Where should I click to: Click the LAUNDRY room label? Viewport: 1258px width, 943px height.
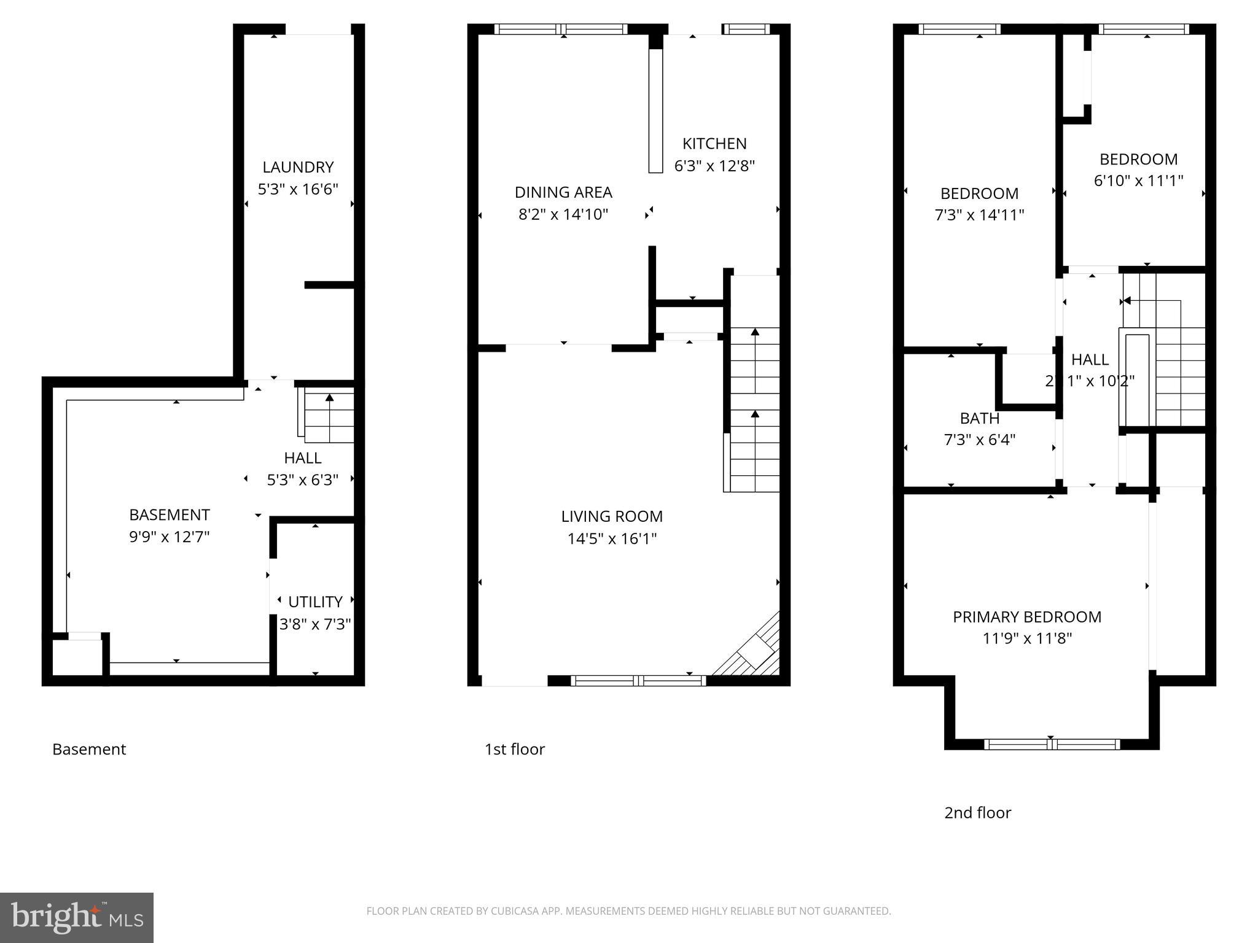coord(298,167)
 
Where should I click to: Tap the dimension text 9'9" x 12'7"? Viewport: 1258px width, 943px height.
coord(169,537)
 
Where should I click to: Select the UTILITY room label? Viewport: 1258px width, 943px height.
coord(315,602)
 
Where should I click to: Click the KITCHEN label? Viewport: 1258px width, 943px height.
coord(714,144)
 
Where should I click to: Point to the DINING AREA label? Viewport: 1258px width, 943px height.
coord(563,192)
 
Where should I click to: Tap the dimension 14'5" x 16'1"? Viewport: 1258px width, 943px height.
coord(612,539)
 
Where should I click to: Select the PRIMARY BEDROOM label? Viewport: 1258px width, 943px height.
coord(1027,617)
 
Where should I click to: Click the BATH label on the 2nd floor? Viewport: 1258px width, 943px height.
coord(979,418)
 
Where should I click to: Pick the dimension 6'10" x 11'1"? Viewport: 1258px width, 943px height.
coord(1138,181)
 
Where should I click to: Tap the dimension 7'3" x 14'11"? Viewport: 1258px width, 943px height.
coord(979,215)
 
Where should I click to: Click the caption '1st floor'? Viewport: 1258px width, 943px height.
coord(514,749)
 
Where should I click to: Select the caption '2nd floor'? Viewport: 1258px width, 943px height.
coord(977,813)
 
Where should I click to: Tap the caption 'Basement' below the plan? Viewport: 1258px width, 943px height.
coord(89,749)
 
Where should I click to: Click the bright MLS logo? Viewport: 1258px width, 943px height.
coord(77,917)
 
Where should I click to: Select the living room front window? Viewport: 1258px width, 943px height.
coord(638,680)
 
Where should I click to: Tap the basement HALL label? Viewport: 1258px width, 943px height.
coord(302,458)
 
